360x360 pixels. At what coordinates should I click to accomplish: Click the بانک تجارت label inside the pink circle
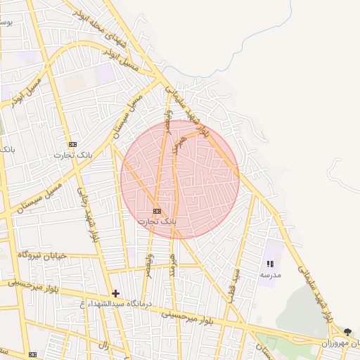click(157, 221)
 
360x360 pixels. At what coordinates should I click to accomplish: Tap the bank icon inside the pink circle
click(157, 211)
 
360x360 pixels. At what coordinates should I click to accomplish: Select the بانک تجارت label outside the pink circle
click(73, 154)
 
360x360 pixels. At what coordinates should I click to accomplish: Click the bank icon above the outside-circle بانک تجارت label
click(73, 143)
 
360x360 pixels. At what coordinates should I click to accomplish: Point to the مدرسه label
click(270, 275)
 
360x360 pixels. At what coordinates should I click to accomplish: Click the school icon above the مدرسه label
click(270, 264)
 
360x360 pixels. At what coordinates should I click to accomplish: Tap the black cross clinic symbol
click(116, 293)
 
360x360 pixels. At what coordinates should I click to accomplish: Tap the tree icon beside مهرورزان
click(347, 332)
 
